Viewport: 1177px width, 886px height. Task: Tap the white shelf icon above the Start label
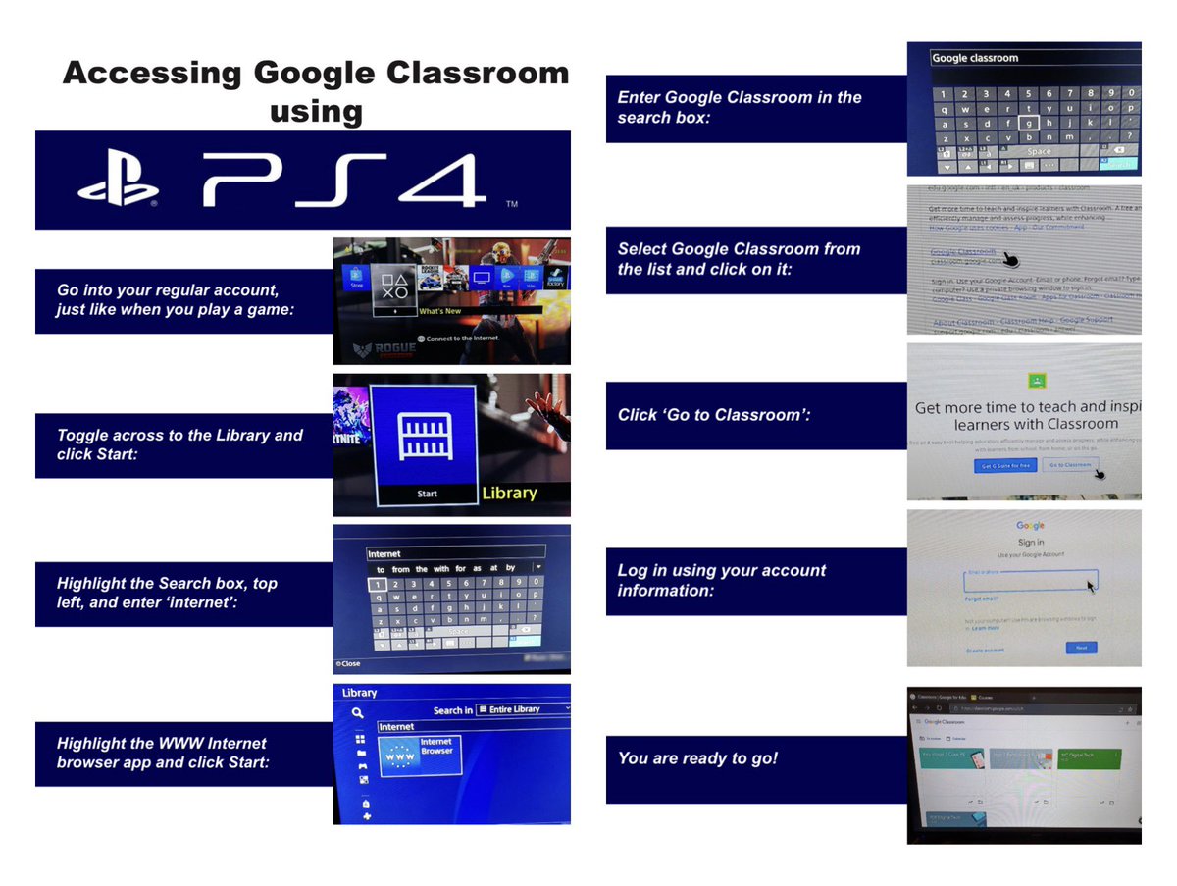pyautogui.click(x=427, y=435)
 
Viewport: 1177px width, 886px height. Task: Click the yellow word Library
pyautogui.click(x=509, y=493)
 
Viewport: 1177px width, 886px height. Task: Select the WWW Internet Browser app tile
pyautogui.click(x=419, y=756)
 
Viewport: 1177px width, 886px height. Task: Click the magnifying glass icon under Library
pyautogui.click(x=359, y=714)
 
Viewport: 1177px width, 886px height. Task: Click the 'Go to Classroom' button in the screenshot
pyautogui.click(x=1069, y=465)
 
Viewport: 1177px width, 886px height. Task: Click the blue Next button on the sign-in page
pyautogui.click(x=1081, y=648)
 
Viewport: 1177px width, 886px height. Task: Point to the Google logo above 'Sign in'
pyautogui.click(x=1031, y=526)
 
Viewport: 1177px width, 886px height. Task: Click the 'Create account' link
pyautogui.click(x=985, y=651)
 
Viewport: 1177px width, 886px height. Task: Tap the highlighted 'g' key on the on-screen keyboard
pyautogui.click(x=1027, y=123)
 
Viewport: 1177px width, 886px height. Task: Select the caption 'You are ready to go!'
pyautogui.click(x=697, y=758)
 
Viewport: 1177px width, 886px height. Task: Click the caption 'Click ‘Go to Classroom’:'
pyautogui.click(x=714, y=415)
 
